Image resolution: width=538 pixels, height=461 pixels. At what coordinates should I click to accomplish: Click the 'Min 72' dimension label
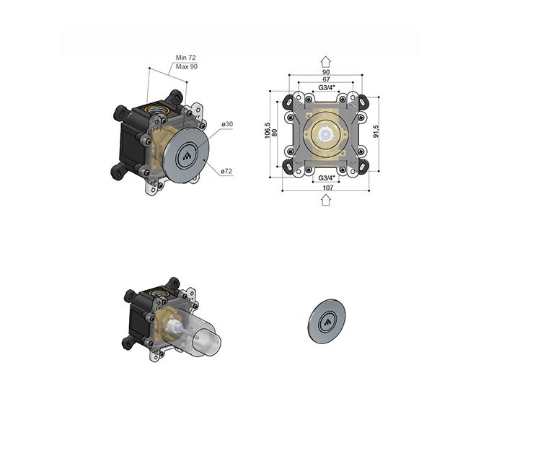(185, 58)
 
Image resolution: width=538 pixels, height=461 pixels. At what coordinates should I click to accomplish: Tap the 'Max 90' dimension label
(187, 66)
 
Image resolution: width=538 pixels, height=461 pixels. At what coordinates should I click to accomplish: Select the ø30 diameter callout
(227, 124)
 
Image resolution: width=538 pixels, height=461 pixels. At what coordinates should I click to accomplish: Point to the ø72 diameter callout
(226, 171)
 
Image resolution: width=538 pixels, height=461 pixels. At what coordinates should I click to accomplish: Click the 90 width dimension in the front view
(326, 71)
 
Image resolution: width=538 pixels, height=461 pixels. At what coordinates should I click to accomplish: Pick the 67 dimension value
(326, 79)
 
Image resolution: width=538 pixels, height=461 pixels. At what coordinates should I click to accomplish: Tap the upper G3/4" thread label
(327, 87)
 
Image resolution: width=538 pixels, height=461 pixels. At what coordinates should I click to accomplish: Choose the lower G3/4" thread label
(327, 177)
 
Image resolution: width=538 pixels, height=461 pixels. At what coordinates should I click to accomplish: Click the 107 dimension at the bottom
(328, 188)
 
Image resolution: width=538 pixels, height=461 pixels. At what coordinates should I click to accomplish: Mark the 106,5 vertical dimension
(268, 131)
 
